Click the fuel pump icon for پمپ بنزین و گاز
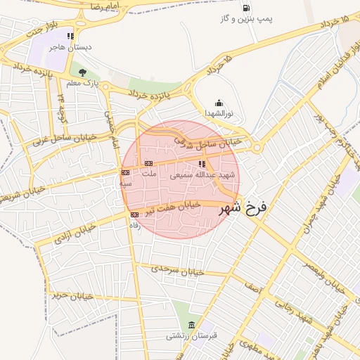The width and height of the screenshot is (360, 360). point(245,8)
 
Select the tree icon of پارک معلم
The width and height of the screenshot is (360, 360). point(83,72)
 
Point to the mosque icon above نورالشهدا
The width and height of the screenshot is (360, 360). point(219,102)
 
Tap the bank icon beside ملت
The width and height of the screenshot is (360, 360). point(148,163)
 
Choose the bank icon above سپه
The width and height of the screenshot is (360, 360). point(125,172)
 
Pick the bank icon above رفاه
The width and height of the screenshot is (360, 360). point(134,214)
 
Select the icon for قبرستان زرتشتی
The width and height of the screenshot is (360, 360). point(192,324)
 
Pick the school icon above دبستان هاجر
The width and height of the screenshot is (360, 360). point(70,35)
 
